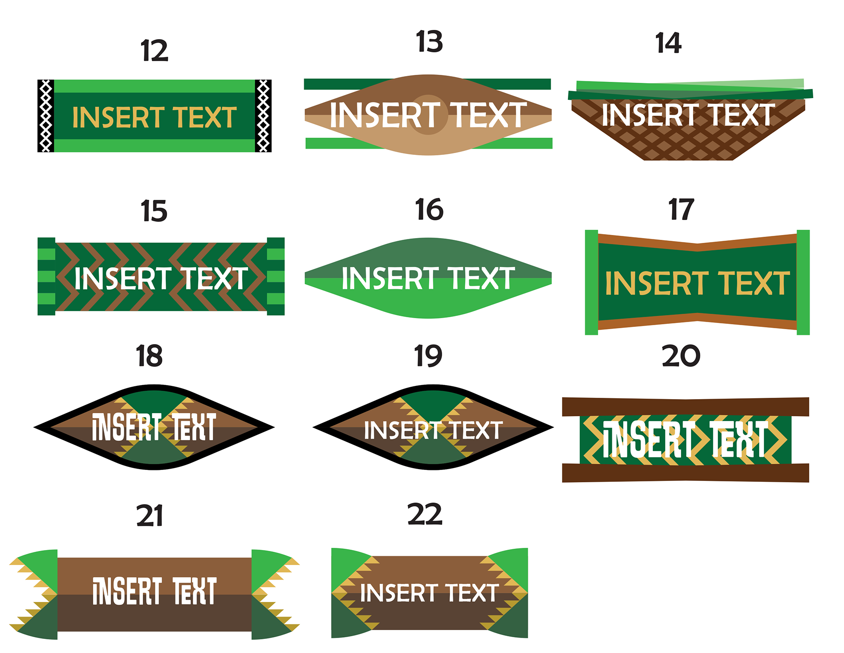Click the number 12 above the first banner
click(x=154, y=51)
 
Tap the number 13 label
click(x=429, y=42)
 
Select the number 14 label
click(x=668, y=43)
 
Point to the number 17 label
click(x=681, y=209)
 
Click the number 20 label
click(x=681, y=356)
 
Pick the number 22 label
click(x=425, y=514)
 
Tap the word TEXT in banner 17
click(x=753, y=283)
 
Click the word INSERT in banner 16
click(x=390, y=278)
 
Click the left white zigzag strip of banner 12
click(x=46, y=116)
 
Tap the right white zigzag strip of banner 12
click(x=263, y=116)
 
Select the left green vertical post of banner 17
click(x=591, y=282)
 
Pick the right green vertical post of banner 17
click(x=803, y=282)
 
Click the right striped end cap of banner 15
click(x=276, y=276)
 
